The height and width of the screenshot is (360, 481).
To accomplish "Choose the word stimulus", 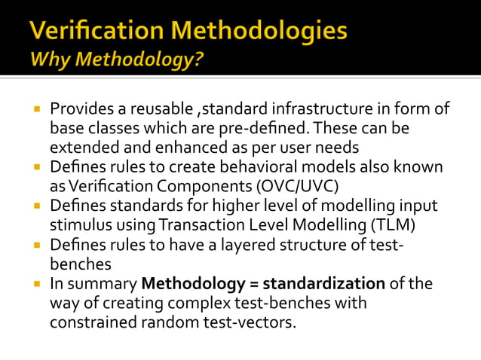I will pyautogui.click(x=81, y=224).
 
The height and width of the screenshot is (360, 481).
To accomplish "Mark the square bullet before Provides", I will pyautogui.click(x=35, y=109).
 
